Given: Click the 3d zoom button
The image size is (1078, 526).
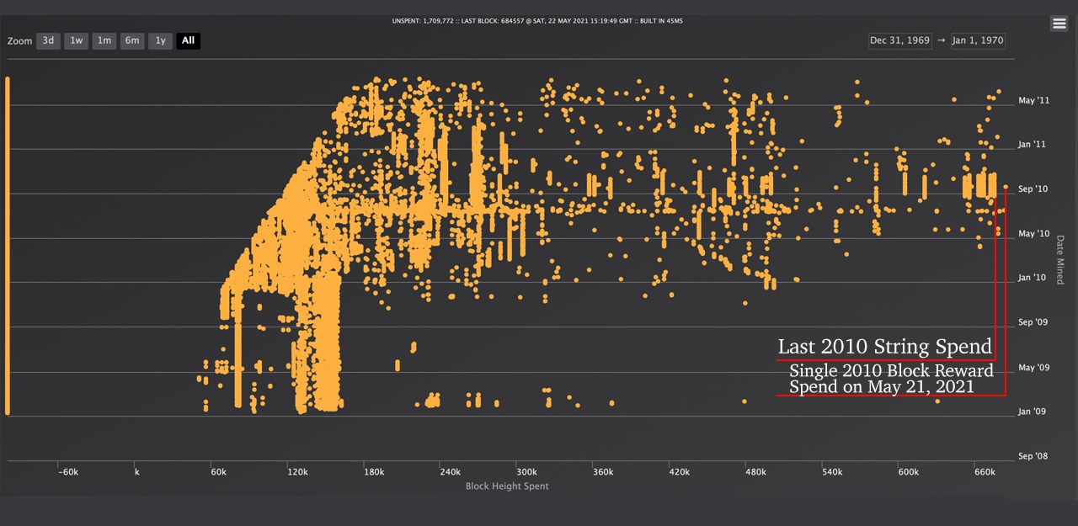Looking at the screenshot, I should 48,40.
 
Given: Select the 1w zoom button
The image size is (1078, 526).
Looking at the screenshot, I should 77,40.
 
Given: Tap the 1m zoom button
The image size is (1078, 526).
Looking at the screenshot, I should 104,40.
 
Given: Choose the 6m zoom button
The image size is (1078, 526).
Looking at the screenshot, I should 132,40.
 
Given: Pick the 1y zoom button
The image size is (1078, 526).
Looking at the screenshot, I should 160,40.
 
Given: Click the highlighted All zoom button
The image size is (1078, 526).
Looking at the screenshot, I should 188,40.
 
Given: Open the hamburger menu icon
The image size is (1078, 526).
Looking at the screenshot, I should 1059,24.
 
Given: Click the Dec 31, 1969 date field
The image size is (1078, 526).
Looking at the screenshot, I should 899,40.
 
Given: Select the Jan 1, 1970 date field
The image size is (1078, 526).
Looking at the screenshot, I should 977,40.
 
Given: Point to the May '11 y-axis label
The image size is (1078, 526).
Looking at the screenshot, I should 1033,101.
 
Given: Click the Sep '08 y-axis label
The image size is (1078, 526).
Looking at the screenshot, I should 1033,456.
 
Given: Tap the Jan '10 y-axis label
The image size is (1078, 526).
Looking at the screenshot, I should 1033,278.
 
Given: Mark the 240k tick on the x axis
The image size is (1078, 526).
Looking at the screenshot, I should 450,472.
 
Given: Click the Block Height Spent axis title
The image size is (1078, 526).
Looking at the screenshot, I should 507,486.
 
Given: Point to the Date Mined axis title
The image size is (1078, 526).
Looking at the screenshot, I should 1059,259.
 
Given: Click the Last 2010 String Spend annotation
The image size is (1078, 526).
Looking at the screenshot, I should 884,347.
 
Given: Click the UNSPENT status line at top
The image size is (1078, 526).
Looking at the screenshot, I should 537,20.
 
